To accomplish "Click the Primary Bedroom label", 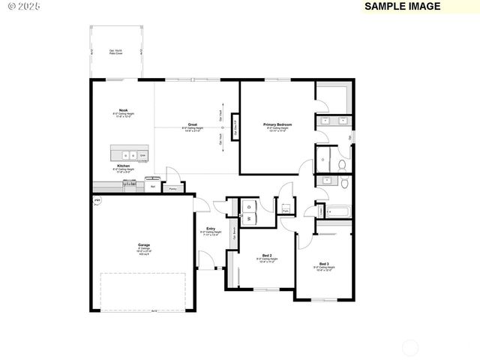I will pyautogui.click(x=277, y=124).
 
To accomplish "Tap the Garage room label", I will pyautogui.click(x=143, y=245).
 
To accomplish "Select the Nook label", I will pyautogui.click(x=123, y=110).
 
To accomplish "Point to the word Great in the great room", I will pyautogui.click(x=193, y=124).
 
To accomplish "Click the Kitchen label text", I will pyautogui.click(x=123, y=165).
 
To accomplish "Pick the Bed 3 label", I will pyautogui.click(x=323, y=264).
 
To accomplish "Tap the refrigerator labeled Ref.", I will pyautogui.click(x=153, y=185).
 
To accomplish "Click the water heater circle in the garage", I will pyautogui.click(x=97, y=201).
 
